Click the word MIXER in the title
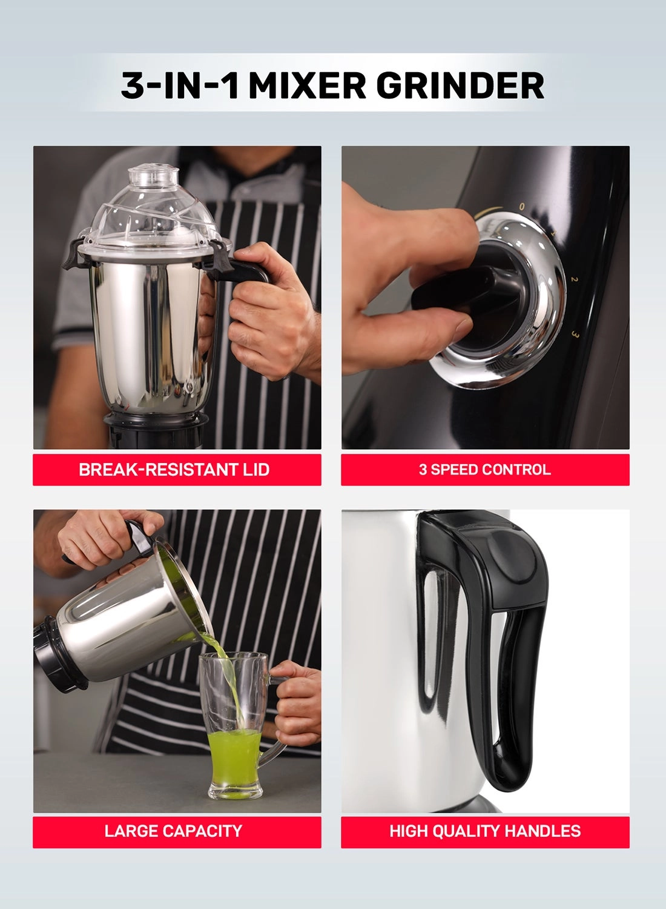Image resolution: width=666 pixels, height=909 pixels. [x=307, y=85]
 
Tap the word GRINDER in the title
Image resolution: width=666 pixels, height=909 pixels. [x=460, y=85]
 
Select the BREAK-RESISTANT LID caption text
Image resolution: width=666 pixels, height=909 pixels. [x=174, y=470]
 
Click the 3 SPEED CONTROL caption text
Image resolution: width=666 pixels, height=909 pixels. [x=485, y=470]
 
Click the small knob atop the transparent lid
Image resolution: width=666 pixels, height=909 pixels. [x=154, y=175]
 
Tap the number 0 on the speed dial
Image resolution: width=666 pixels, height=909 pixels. [x=522, y=207]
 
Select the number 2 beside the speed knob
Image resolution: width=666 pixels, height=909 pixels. [x=575, y=279]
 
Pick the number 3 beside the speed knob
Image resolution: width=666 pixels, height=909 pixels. [x=575, y=335]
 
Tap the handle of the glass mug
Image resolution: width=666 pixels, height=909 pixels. [x=272, y=727]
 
